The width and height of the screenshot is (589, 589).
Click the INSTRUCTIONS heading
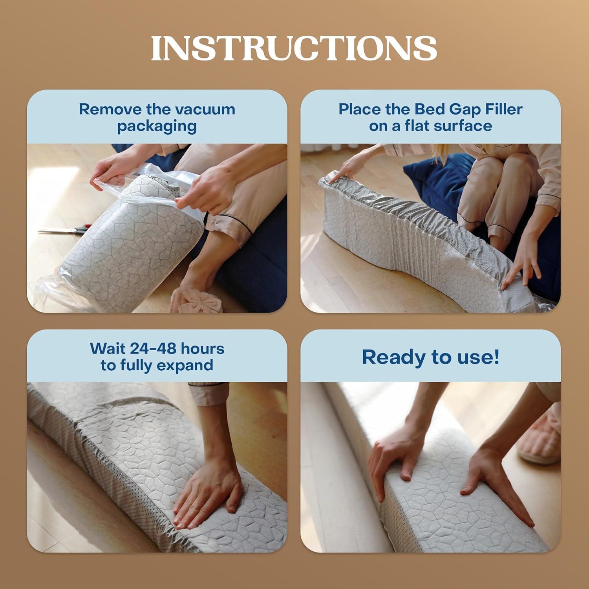click(x=294, y=48)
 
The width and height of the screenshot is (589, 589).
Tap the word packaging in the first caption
click(x=157, y=126)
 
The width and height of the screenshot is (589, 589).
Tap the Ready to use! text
click(x=430, y=357)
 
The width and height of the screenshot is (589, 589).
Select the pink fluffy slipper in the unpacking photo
click(x=200, y=300)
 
